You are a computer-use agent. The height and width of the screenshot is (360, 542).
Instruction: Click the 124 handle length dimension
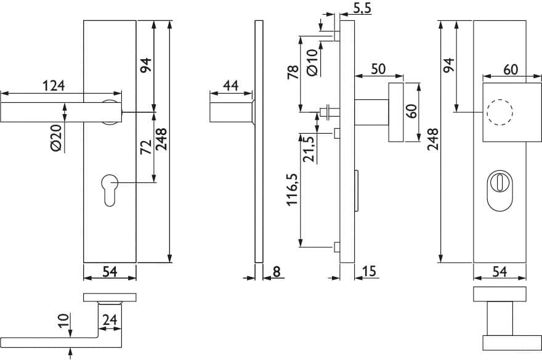point(54,86)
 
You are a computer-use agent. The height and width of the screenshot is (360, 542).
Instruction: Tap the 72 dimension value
point(146,147)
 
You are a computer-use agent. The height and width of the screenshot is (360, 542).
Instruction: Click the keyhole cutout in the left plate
point(110,190)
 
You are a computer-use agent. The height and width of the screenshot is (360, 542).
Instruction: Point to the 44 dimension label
point(230,86)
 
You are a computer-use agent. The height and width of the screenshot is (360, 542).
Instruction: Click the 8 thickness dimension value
point(277,271)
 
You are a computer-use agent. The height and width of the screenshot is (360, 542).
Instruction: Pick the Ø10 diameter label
point(312,62)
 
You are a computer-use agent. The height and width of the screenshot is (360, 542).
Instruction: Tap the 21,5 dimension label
point(309,149)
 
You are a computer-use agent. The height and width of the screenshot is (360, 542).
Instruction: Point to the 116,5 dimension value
point(293,189)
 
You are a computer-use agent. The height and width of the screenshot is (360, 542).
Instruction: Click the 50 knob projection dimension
point(378,69)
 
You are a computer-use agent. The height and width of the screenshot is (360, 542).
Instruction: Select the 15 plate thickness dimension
point(369,271)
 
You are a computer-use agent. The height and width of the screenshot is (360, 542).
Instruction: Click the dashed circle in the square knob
point(500,112)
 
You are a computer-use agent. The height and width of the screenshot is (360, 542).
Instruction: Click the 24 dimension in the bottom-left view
point(110,320)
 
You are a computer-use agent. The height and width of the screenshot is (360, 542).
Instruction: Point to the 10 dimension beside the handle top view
point(63,321)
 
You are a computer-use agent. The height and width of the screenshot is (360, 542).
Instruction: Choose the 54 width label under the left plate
point(110,271)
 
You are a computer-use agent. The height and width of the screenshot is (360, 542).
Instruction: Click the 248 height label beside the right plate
point(432,139)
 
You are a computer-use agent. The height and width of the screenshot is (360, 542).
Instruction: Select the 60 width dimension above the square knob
point(511,70)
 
